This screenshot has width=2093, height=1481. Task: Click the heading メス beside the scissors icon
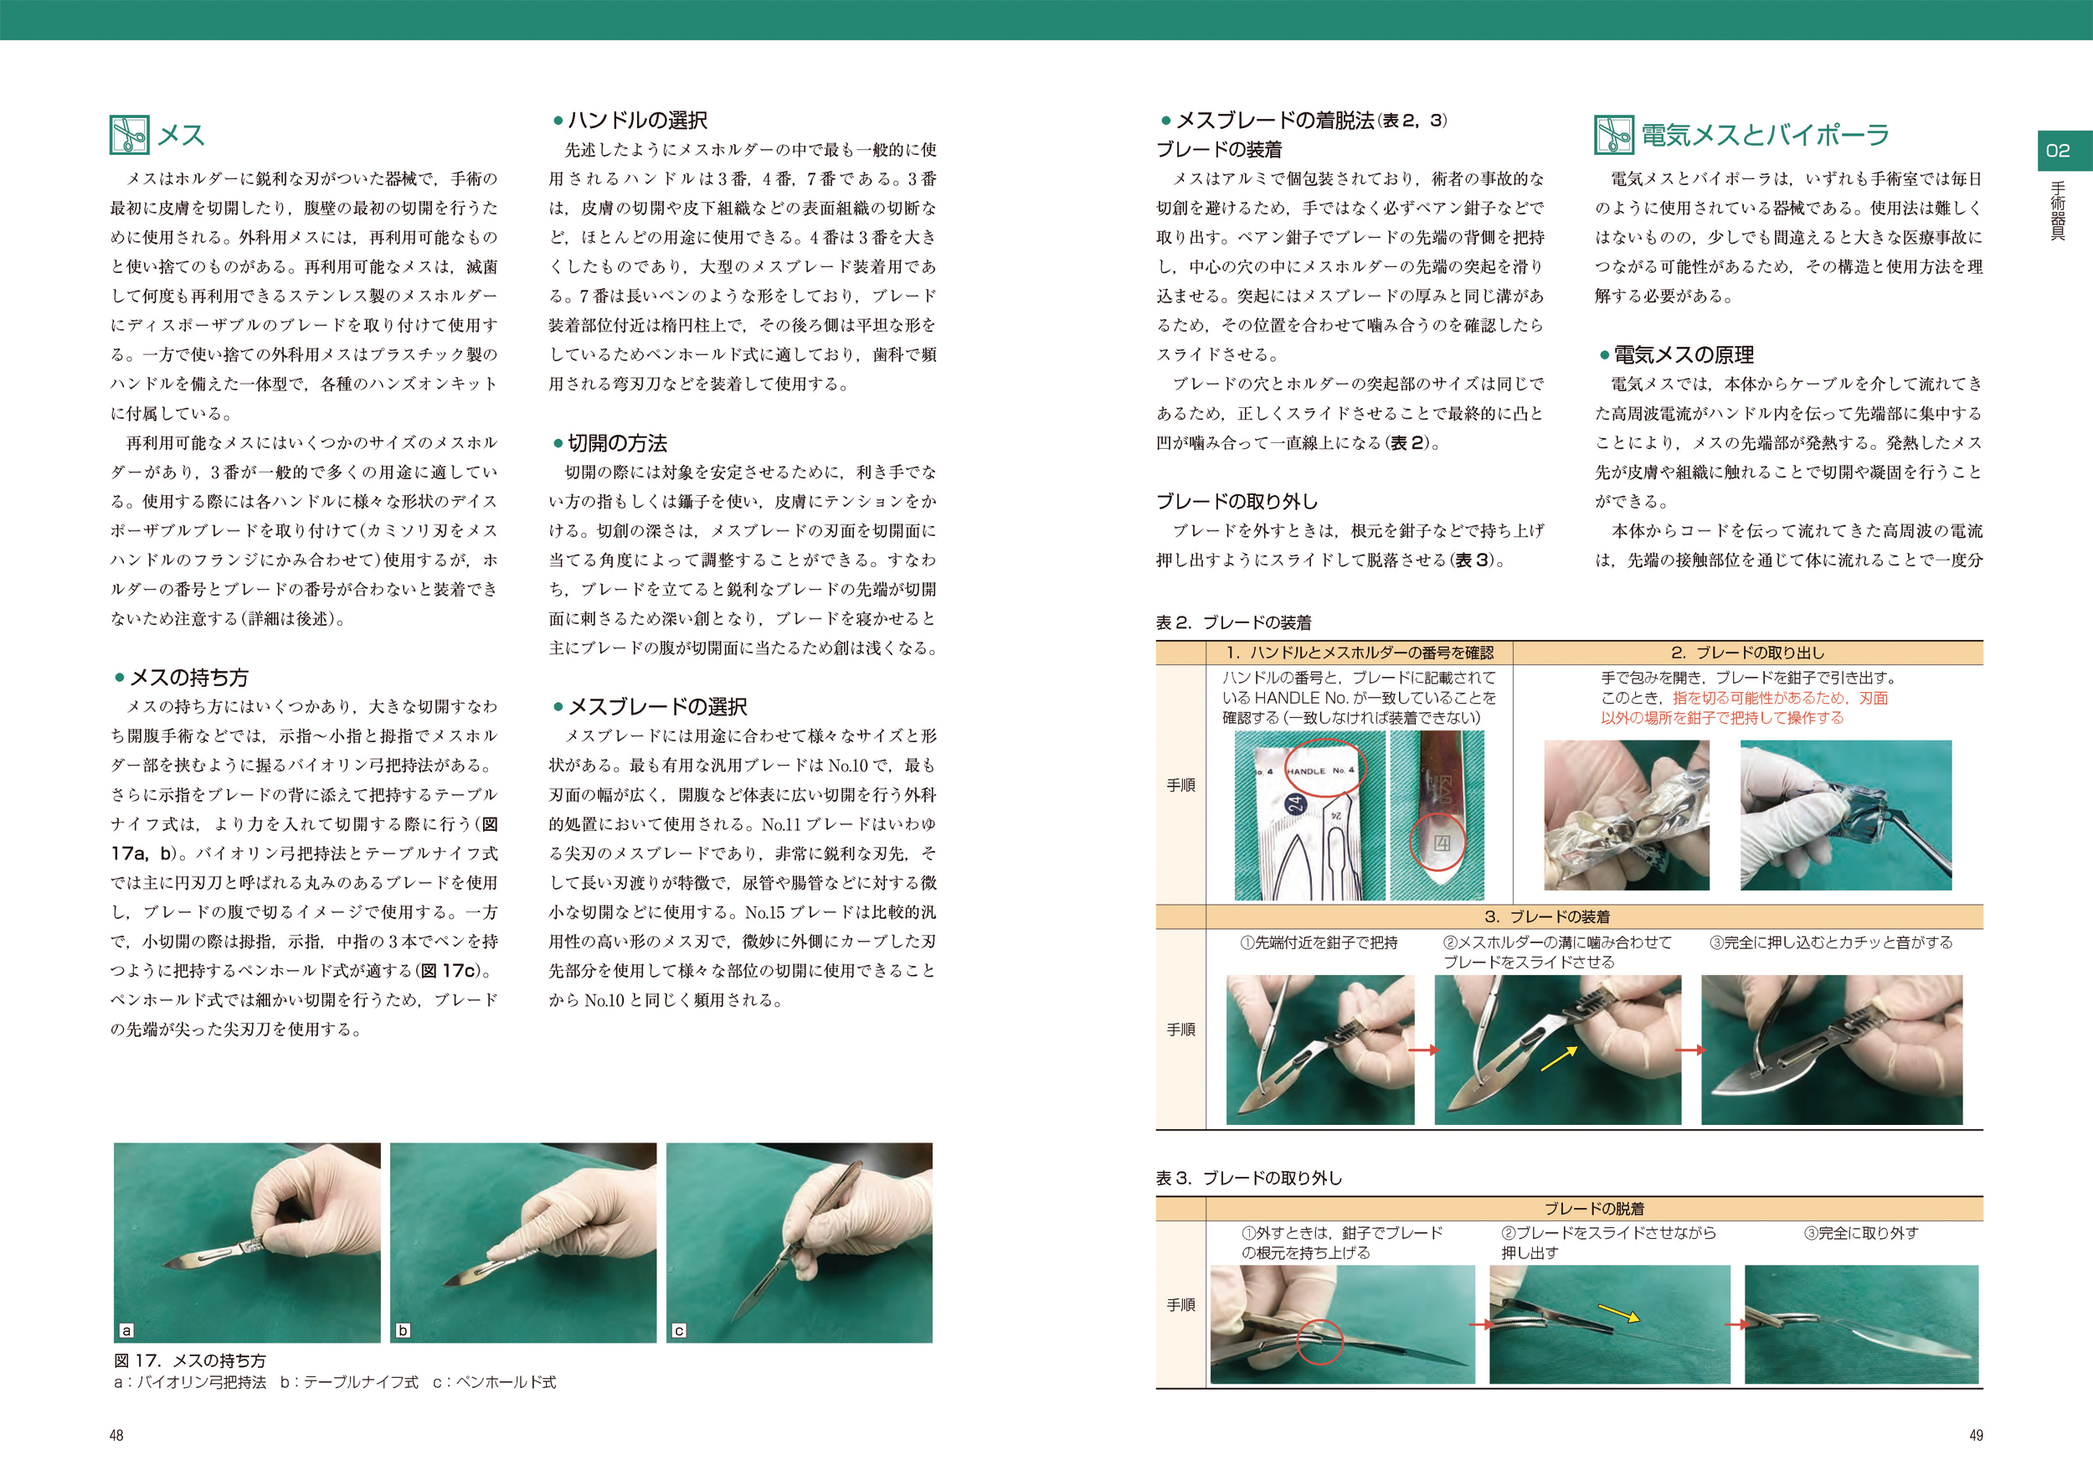tap(181, 135)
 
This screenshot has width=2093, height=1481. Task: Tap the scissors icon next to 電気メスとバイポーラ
tap(1613, 135)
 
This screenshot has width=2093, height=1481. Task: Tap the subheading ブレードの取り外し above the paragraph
tap(1237, 502)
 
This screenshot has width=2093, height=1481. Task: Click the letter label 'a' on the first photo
tap(126, 1330)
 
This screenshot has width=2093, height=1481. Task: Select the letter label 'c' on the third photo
tap(679, 1330)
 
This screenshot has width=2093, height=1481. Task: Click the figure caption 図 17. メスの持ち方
tap(189, 1360)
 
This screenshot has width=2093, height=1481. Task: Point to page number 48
tap(116, 1436)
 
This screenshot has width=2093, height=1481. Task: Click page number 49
tap(1976, 1436)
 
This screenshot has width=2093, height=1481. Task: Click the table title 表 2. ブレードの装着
tap(1233, 623)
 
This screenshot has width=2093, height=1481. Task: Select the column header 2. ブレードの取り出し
tap(1747, 653)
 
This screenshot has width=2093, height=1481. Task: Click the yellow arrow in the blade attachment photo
tap(1559, 1059)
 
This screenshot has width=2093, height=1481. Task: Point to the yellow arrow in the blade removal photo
tap(1619, 1313)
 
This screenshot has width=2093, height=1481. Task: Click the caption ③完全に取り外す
tap(1860, 1234)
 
